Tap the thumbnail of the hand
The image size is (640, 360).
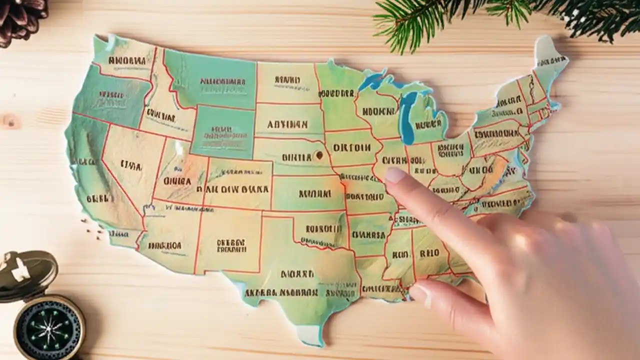tap(420, 295)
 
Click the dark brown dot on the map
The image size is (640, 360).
tap(318, 155)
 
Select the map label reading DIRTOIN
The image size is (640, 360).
tap(352, 148)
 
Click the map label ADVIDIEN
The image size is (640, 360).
tap(287, 124)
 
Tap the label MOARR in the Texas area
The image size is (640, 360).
tap(297, 274)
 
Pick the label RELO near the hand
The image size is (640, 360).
tap(429, 253)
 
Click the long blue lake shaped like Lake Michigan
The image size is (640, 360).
tap(408, 117)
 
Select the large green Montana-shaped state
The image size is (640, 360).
tap(210, 80)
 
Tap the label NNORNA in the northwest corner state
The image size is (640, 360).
tap(127, 60)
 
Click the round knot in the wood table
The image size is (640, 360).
tap(10, 121)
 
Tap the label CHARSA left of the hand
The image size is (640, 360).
tap(368, 234)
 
